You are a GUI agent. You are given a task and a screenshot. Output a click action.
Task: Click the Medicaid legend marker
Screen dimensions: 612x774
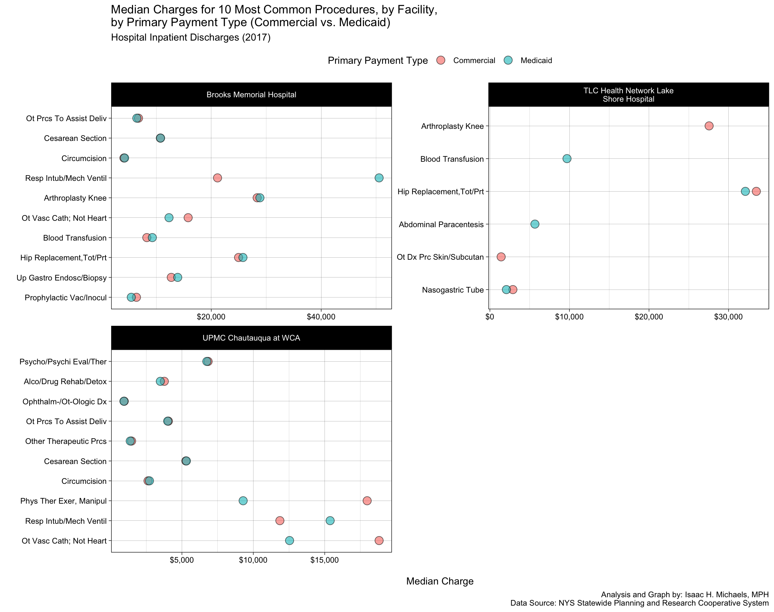point(508,60)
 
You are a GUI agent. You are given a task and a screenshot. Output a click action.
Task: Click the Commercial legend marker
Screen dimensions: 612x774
point(441,60)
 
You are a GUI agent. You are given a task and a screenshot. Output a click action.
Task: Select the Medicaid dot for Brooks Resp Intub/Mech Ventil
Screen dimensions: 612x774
point(379,178)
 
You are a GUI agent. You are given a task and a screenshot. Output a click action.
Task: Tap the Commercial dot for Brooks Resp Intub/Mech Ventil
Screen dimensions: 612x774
point(217,178)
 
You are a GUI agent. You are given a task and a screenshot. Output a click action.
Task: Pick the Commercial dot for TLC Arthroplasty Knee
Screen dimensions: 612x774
point(709,126)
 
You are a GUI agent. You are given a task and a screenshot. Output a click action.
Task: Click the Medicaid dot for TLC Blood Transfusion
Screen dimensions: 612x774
point(567,158)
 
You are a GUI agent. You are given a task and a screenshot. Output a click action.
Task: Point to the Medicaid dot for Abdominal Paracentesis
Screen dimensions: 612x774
point(534,224)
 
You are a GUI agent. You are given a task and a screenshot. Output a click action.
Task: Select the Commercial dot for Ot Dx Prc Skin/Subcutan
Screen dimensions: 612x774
point(501,257)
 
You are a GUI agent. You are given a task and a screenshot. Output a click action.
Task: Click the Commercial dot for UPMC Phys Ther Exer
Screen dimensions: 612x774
point(367,501)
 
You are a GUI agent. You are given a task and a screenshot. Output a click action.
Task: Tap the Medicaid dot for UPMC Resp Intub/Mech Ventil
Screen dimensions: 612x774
point(330,520)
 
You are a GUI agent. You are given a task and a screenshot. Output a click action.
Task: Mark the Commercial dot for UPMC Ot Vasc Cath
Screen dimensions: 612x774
point(379,540)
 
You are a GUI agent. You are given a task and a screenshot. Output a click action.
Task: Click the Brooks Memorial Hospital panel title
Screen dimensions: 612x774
point(251,95)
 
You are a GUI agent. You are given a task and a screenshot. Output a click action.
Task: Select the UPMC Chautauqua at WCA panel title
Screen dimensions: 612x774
point(251,338)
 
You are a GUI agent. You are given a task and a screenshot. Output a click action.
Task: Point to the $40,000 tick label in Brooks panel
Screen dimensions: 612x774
point(321,317)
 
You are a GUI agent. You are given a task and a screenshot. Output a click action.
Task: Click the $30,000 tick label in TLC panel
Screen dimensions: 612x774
point(728,317)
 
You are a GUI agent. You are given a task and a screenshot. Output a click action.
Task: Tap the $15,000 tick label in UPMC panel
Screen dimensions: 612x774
point(324,560)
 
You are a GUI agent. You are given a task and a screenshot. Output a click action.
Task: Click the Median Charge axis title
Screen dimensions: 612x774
point(440,581)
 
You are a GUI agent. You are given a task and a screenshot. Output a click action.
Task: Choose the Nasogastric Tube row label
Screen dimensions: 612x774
point(453,290)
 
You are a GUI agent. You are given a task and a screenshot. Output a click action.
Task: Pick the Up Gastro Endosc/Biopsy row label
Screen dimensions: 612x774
point(62,278)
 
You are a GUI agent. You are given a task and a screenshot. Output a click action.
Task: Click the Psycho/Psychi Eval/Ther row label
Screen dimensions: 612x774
point(63,362)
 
